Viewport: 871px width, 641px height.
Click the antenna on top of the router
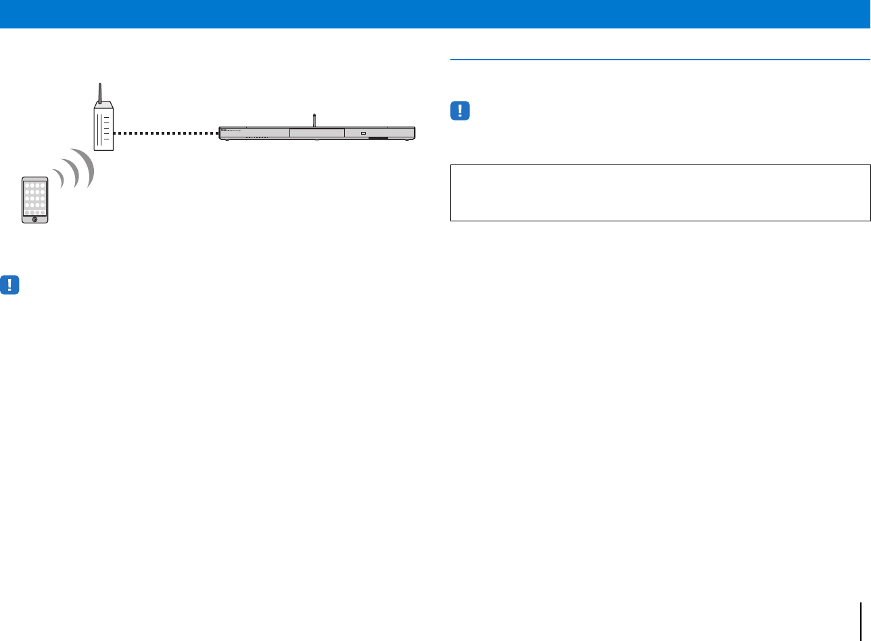coord(100,92)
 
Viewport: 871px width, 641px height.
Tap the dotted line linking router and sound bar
coord(165,133)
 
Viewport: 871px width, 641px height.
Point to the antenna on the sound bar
coord(314,120)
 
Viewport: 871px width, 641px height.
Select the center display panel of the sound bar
coord(316,133)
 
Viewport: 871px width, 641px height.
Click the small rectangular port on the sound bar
coord(364,133)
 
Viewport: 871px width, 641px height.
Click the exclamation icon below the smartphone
coord(10,285)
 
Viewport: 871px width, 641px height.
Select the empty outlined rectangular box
coord(660,192)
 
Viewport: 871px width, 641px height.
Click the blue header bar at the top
coord(435,14)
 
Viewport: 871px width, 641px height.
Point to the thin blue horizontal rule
coord(660,60)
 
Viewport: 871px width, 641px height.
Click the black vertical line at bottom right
coord(861,623)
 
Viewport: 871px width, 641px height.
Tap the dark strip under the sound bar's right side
coord(379,139)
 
